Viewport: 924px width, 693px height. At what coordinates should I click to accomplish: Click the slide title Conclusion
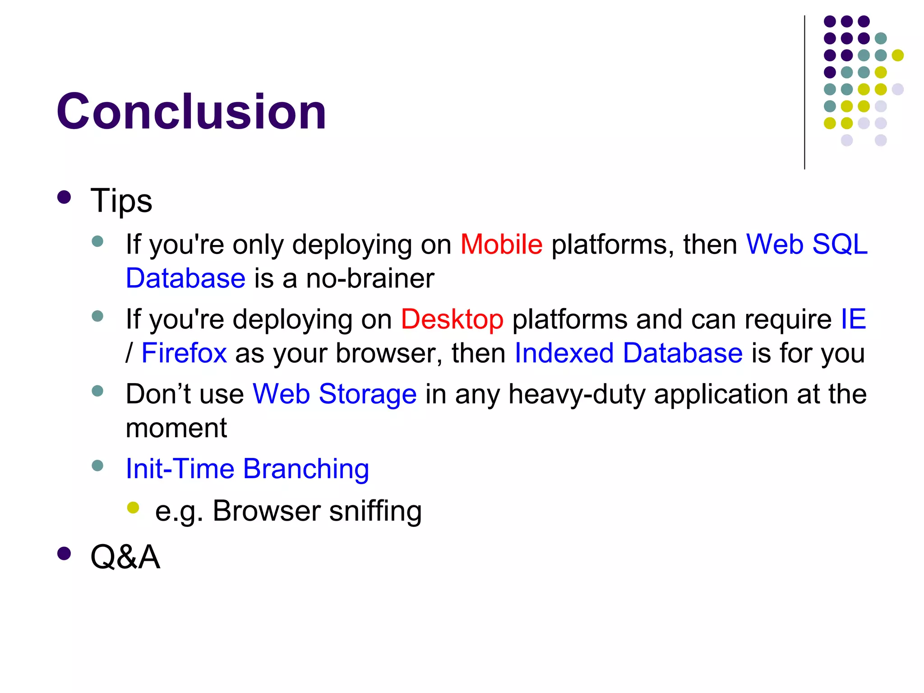[191, 111]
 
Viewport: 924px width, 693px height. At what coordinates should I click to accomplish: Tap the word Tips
[121, 201]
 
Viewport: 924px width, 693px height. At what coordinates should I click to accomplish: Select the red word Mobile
[501, 245]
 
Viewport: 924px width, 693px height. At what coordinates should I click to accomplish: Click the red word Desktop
[452, 319]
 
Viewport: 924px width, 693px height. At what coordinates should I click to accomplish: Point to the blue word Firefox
[184, 353]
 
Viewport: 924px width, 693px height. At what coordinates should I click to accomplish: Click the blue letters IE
[853, 319]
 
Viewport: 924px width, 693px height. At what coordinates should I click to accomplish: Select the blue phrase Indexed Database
[628, 353]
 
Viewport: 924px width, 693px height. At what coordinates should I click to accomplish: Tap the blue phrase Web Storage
[334, 394]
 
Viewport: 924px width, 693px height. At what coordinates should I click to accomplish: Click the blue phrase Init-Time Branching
[247, 469]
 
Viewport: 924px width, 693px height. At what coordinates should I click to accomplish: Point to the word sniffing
[375, 511]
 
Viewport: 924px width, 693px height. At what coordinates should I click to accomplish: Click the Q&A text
[125, 557]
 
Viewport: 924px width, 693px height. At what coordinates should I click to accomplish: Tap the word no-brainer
[370, 278]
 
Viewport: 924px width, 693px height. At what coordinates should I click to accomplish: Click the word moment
[176, 428]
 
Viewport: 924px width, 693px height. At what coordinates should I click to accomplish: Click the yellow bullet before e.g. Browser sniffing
[133, 508]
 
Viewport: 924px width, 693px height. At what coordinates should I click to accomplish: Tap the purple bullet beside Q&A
[65, 554]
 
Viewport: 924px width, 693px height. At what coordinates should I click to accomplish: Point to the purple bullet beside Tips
[65, 197]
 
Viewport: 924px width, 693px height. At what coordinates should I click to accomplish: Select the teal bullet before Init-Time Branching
[97, 465]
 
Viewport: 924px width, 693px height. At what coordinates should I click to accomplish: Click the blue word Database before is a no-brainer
[185, 278]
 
